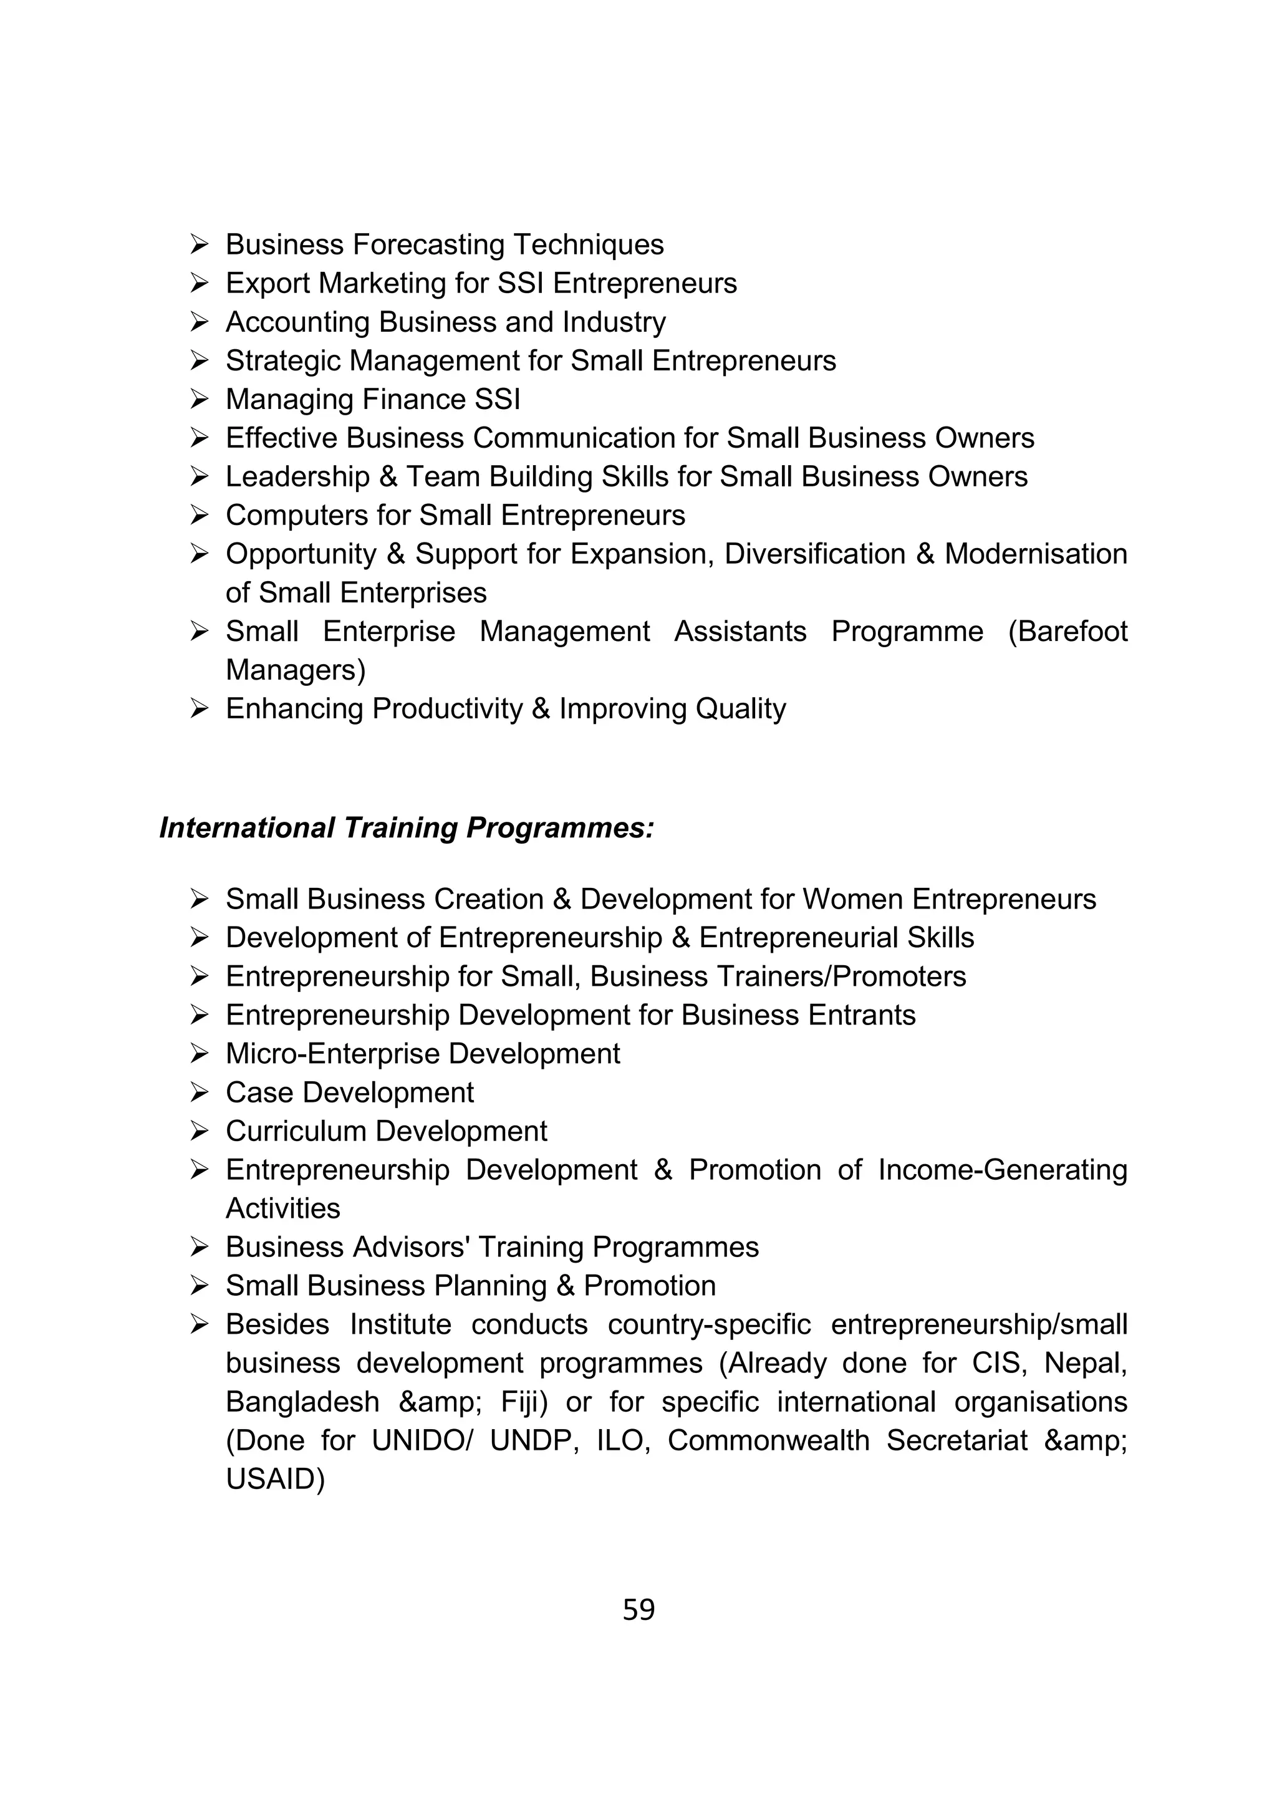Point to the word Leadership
[x=297, y=477]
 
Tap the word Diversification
[x=814, y=554]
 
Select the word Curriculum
[x=299, y=1132]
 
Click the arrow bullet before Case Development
[x=198, y=1092]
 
